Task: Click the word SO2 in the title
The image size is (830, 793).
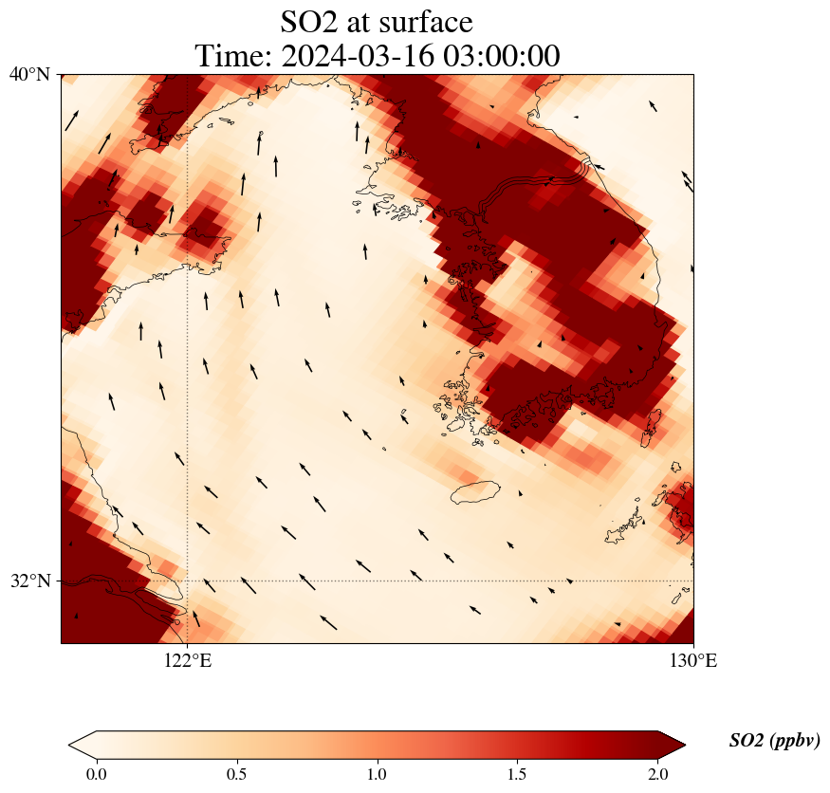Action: (311, 23)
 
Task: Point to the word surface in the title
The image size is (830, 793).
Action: (426, 23)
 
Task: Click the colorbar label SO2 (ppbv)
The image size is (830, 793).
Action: (774, 741)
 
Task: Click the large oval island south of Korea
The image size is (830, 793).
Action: (475, 491)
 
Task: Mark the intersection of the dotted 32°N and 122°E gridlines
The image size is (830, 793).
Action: (187, 581)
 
